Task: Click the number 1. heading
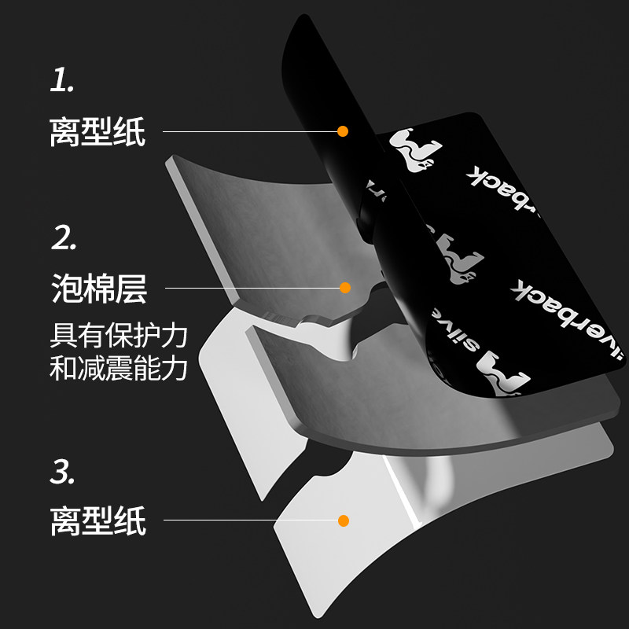coord(62,82)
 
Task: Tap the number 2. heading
coord(64,238)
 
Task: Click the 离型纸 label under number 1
coord(97,131)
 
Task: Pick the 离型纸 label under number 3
coord(97,520)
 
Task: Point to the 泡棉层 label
coord(97,289)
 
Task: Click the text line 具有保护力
coord(118,335)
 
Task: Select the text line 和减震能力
coord(118,369)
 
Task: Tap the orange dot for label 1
coord(342,131)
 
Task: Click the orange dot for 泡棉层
coord(344,288)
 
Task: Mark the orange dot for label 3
coord(343,520)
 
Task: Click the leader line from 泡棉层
coord(252,288)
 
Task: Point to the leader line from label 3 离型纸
coord(252,520)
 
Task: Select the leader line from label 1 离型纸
coord(252,131)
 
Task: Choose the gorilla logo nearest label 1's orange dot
coord(414,148)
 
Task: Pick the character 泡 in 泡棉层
coord(66,289)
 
